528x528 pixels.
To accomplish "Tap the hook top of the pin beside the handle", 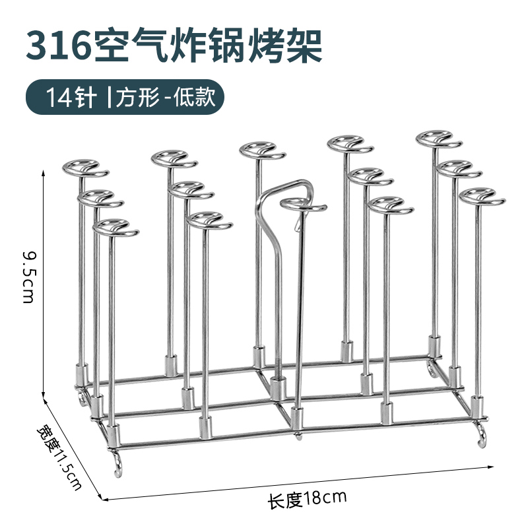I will tap(302, 205).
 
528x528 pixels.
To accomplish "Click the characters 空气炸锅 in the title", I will tap(187, 44).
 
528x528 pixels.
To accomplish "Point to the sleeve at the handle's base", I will tap(277, 387).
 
